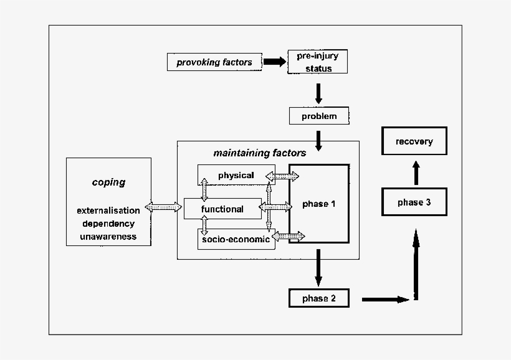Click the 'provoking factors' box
[x=214, y=62]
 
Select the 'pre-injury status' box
[x=318, y=62]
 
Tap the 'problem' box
[x=318, y=116]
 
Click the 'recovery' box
[x=414, y=141]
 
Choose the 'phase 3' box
[x=414, y=202]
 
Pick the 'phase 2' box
[x=318, y=298]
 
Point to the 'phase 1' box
[x=319, y=204]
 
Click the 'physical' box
[x=236, y=175]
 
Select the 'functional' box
[x=222, y=209]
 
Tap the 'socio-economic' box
[x=236, y=239]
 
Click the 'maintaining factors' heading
[x=259, y=153]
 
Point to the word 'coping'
[x=108, y=182]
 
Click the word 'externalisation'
[x=108, y=211]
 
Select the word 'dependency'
[x=108, y=224]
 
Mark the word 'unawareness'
[x=108, y=237]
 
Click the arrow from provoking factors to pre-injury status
[x=274, y=62]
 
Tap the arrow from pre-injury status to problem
[x=318, y=93]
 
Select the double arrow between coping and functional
[x=163, y=207]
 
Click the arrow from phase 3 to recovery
[x=416, y=173]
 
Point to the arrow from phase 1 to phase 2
[x=318, y=267]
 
